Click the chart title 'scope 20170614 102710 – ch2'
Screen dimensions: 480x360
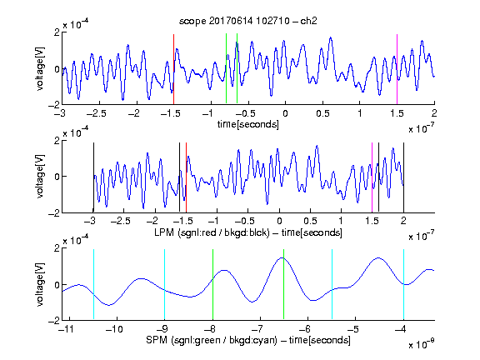248,21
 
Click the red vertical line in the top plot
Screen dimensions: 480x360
173,69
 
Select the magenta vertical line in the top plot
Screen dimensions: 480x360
397,69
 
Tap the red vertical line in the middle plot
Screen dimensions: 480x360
186,177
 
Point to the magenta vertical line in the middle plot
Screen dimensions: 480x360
372,177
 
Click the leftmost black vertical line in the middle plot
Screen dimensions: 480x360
93,177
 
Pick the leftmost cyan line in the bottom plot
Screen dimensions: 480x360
93,285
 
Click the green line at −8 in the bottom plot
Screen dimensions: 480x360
212,285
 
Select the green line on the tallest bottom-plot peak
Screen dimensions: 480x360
284,285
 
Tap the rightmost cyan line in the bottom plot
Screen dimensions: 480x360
404,285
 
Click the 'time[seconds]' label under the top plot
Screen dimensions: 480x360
248,124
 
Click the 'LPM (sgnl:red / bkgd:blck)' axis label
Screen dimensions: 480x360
212,232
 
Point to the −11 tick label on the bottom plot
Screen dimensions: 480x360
68,329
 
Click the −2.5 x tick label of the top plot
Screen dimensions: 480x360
96,113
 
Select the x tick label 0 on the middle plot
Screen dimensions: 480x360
279,221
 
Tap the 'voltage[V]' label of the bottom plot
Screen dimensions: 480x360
40,285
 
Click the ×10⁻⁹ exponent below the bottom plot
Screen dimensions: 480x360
421,345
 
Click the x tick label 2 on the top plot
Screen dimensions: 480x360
434,113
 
